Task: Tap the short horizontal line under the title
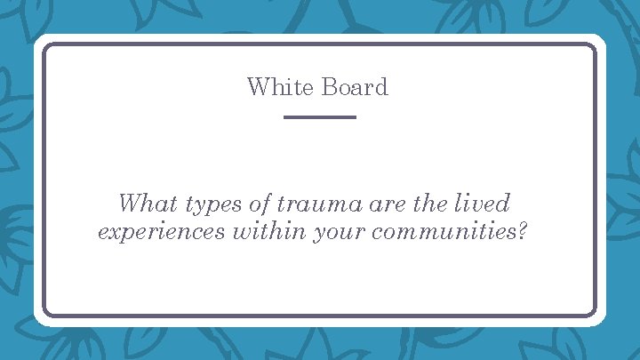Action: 319,117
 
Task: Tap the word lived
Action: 484,204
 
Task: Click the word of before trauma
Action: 260,204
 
